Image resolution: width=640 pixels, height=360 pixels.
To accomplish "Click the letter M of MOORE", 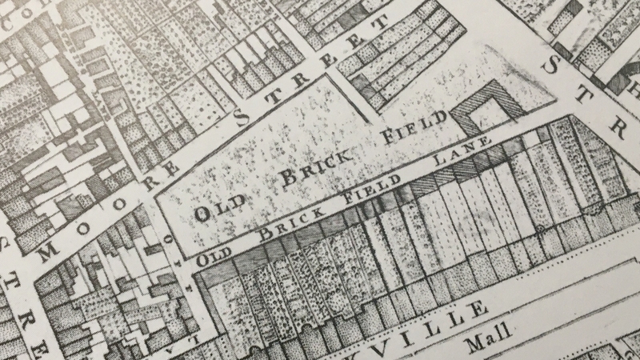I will [x=46, y=249].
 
